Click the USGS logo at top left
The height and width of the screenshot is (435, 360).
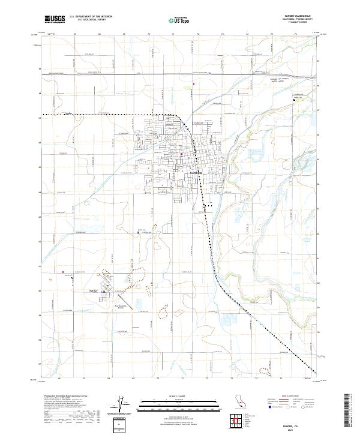tap(55, 19)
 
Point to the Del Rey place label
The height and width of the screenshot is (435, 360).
tap(92, 290)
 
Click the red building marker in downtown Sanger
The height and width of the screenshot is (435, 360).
tap(182, 155)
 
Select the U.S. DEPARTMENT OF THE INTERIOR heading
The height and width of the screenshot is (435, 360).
tap(91, 16)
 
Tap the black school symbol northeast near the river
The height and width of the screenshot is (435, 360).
tap(294, 98)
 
